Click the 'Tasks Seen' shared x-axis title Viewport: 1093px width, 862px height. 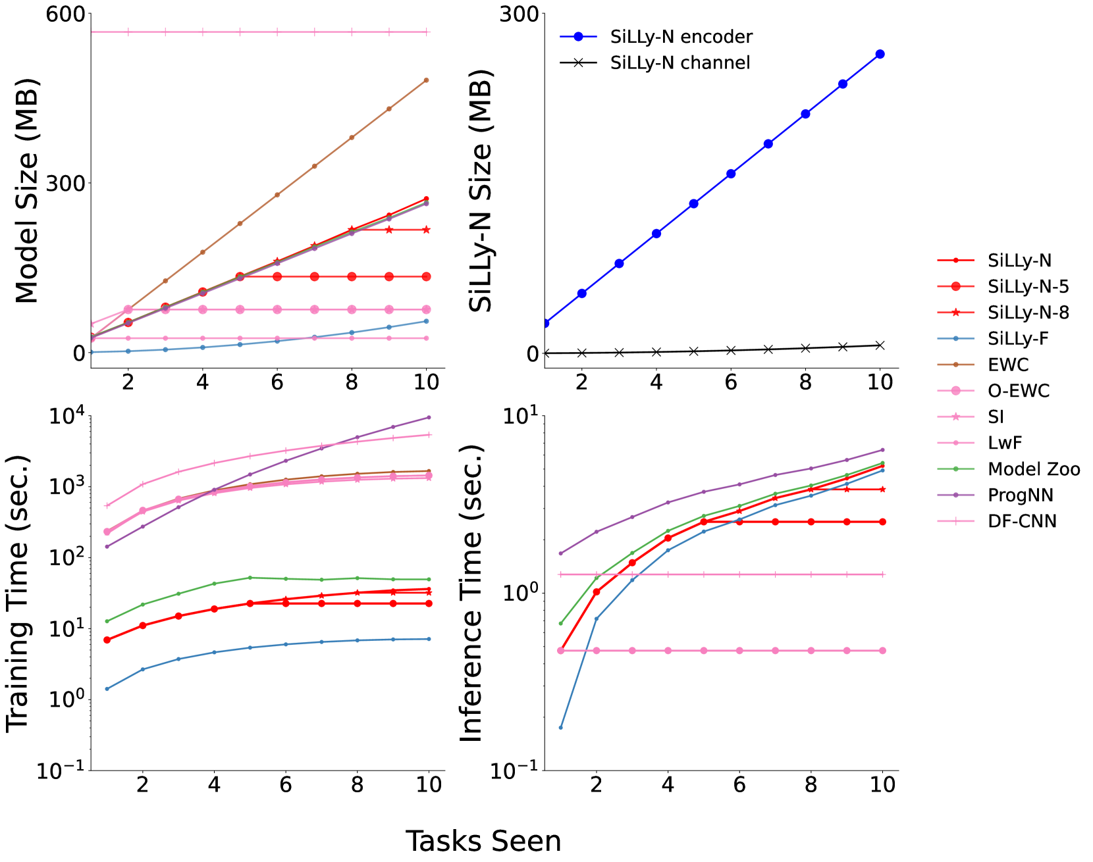point(483,841)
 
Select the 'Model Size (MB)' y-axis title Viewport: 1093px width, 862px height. point(27,191)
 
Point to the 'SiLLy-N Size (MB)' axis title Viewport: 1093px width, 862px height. point(481,191)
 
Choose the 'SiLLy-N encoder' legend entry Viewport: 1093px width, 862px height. point(656,37)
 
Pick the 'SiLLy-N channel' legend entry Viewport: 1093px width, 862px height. point(654,63)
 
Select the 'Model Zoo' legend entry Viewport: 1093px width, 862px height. point(1008,469)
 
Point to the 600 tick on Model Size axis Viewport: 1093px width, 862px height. point(65,14)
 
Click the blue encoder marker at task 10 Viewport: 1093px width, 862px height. point(880,54)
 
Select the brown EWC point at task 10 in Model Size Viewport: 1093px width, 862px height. point(427,80)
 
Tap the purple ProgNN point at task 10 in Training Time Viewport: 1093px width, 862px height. point(429,417)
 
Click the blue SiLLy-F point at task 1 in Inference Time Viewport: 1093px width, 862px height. point(561,727)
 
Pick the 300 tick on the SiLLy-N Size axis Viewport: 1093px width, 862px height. point(520,14)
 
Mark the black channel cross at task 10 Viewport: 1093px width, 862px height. point(880,345)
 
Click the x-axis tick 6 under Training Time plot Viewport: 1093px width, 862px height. point(286,784)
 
